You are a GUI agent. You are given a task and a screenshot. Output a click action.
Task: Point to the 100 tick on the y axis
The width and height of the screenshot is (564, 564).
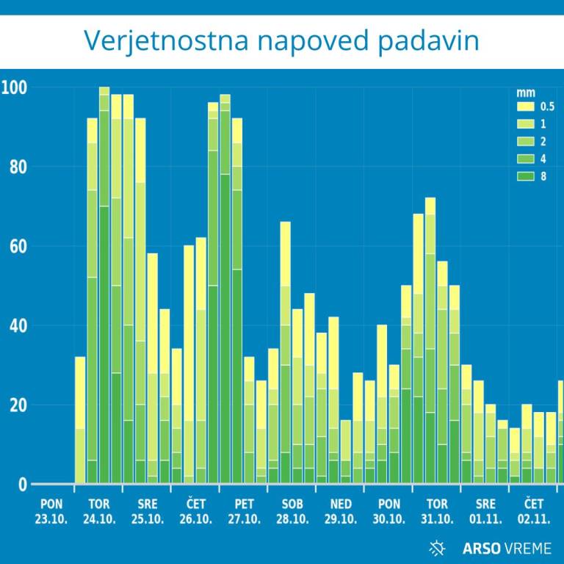14,88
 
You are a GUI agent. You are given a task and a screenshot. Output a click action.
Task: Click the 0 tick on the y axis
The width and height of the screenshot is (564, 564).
22,485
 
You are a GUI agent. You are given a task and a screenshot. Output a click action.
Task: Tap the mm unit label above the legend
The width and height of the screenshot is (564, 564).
525,93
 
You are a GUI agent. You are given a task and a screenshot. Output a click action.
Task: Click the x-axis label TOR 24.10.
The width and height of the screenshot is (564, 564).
99,511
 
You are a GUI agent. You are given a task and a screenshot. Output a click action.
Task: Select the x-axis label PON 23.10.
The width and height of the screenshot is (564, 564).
51,511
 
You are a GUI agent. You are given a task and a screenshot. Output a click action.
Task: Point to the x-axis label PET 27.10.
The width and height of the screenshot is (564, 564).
244,511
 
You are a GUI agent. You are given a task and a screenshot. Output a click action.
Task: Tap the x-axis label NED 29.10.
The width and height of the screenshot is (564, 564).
341,511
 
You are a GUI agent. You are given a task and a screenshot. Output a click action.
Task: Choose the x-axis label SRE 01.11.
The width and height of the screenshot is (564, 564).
485,511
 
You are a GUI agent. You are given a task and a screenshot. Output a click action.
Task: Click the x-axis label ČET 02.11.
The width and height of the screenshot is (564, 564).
534,511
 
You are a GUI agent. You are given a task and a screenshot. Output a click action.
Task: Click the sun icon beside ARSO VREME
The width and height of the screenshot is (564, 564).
438,547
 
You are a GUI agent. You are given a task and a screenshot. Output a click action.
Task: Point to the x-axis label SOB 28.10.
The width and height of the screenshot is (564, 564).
292,511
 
